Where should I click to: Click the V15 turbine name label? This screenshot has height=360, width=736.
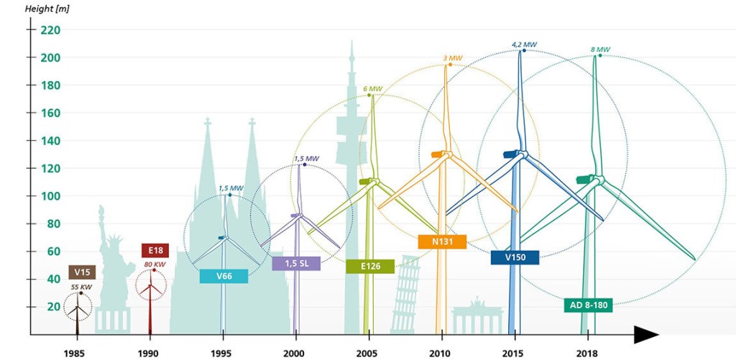(82, 272)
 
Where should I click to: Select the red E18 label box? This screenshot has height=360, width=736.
(155, 251)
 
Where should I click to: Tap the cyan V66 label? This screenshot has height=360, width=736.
(224, 277)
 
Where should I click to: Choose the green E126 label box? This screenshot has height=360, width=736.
(369, 267)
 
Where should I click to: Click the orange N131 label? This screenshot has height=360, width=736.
(442, 242)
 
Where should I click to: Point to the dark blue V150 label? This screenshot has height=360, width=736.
(515, 257)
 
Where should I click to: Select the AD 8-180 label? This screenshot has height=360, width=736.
(588, 305)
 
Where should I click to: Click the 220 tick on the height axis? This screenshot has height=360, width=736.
(50, 30)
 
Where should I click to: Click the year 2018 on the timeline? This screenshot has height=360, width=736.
(589, 354)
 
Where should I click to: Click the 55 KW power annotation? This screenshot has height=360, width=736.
(81, 287)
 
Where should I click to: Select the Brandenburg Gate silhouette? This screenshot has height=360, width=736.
(477, 320)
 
